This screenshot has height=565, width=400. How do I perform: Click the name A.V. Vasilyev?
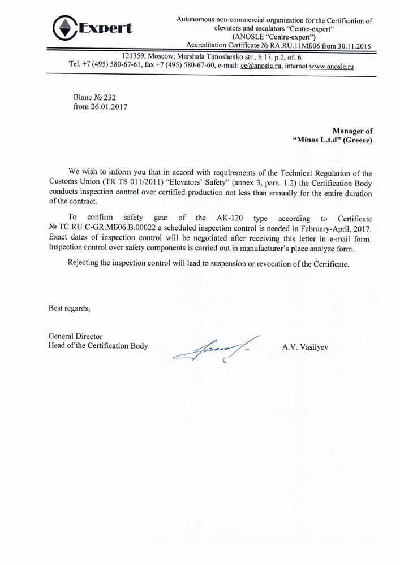(305, 346)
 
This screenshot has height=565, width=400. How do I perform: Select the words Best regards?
(68, 308)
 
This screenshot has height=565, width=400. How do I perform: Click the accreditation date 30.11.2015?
(351, 46)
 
